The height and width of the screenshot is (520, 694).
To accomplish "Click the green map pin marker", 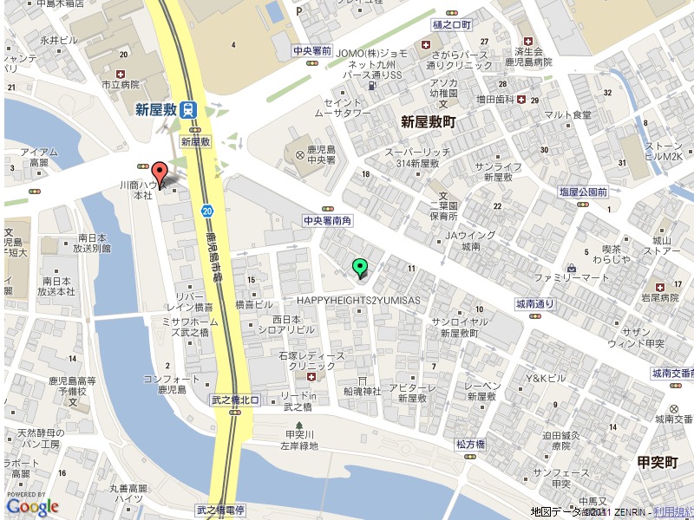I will (x=361, y=268).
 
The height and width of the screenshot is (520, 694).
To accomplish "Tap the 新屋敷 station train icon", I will (x=190, y=109).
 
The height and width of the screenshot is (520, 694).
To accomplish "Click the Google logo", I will (x=32, y=506).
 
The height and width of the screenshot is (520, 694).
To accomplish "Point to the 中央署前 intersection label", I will (x=312, y=50).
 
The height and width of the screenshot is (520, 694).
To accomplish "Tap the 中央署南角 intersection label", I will (x=328, y=222).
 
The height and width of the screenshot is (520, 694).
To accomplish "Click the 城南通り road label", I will (x=534, y=304).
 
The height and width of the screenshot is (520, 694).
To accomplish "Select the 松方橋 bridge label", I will (x=470, y=444).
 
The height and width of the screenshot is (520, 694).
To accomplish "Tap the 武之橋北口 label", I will (x=236, y=400).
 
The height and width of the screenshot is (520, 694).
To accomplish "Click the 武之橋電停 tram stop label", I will (x=221, y=510).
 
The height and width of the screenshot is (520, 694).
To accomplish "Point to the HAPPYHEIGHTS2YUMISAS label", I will (x=358, y=300).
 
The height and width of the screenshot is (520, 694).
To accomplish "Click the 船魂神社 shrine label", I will (x=362, y=392).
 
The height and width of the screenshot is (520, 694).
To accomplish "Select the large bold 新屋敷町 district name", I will (x=428, y=122).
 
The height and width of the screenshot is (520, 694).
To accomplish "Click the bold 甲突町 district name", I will (x=657, y=462).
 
